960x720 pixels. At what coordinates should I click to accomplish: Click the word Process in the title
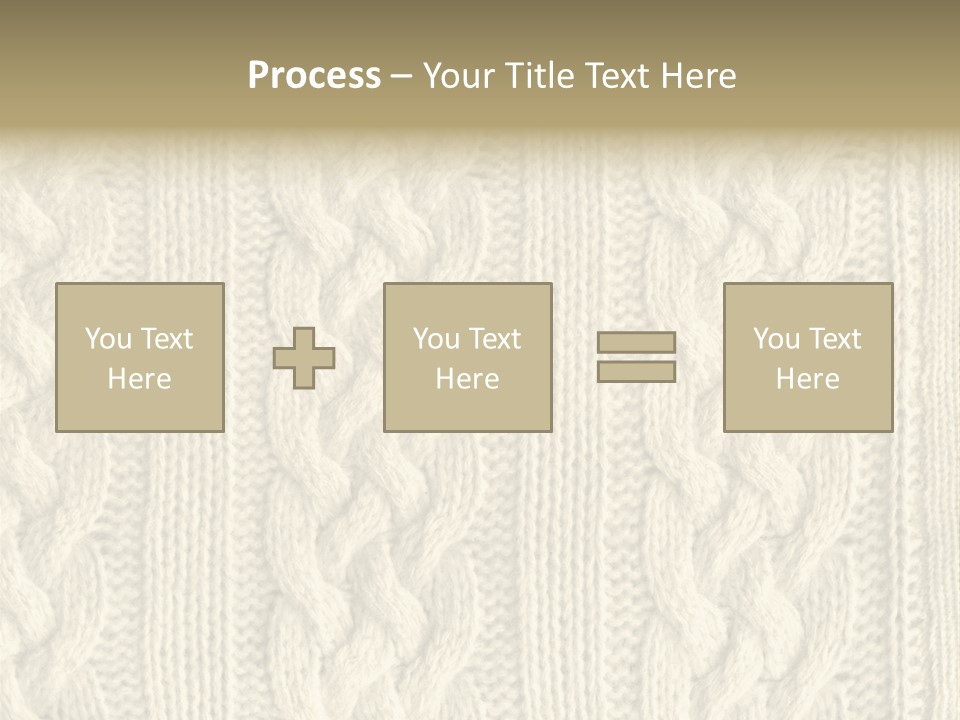pos(314,76)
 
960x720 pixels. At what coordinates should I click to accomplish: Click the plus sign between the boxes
pos(304,358)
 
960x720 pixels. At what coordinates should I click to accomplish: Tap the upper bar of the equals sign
pos(636,343)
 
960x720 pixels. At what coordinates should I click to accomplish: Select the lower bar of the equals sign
pos(636,371)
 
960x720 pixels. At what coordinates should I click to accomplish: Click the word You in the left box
pos(108,339)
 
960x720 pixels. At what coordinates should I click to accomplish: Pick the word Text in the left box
pos(165,339)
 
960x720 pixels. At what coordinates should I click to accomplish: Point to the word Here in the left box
pos(139,379)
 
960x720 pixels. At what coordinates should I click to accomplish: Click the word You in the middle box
pos(436,339)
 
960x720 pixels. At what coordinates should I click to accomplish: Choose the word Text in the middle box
pos(493,339)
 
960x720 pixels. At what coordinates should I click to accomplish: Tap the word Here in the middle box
pos(467,379)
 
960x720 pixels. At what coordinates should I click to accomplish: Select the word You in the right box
pos(776,339)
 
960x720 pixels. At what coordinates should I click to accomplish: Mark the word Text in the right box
pos(833,339)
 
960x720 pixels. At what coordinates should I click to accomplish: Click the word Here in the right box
pos(807,379)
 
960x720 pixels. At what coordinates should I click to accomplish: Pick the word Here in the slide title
pos(700,76)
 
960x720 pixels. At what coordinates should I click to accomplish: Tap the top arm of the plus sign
pos(304,337)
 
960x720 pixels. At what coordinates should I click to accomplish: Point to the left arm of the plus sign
pos(283,358)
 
